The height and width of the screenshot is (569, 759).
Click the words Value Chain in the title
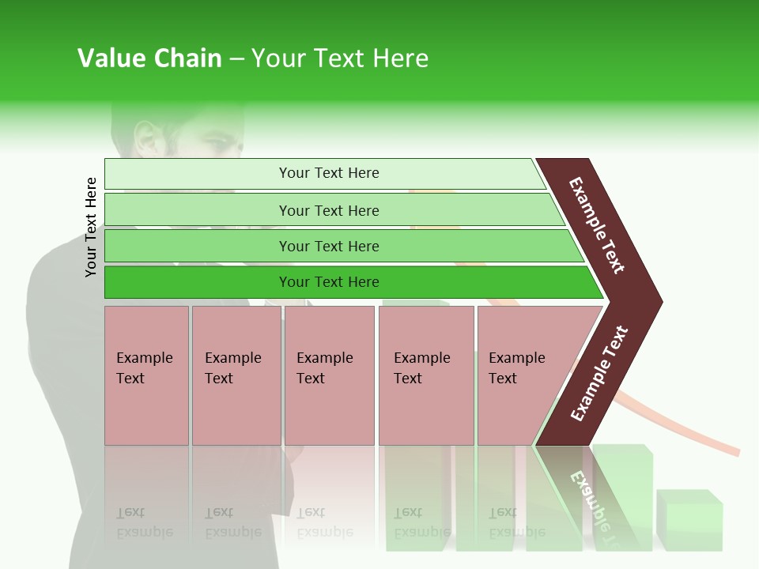149,58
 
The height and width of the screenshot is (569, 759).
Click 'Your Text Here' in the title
340,58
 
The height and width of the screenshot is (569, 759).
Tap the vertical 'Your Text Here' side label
92,227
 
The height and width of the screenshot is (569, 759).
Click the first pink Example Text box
146,375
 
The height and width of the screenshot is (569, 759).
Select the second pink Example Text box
236,375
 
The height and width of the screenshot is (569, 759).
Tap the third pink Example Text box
329,375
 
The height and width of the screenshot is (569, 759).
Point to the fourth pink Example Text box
425,375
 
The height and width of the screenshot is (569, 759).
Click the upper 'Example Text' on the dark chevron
597,225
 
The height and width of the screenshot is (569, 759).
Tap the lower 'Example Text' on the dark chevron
599,374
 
